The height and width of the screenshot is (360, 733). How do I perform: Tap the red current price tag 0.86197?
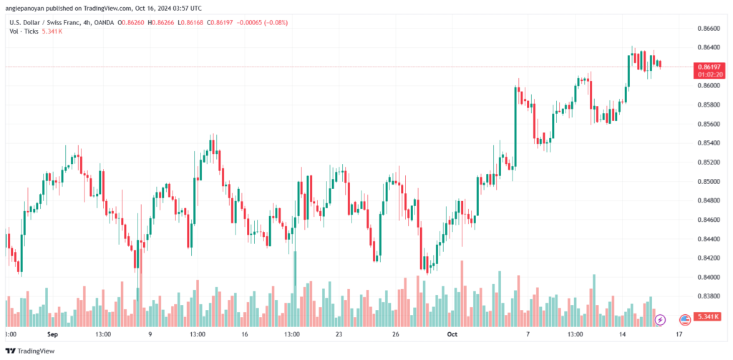coord(707,67)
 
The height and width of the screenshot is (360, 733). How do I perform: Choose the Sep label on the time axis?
coord(52,334)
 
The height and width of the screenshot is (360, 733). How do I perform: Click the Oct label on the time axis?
coord(452,334)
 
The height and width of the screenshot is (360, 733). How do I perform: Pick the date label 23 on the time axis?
coord(339,334)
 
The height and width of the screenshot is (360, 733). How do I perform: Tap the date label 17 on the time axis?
coord(679,334)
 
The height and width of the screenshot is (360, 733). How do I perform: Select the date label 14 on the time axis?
coord(622,334)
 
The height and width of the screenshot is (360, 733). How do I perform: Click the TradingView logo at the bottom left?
coord(30,351)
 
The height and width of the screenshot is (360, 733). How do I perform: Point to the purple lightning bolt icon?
coord(660,320)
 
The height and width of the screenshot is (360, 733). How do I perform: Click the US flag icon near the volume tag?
coord(685,320)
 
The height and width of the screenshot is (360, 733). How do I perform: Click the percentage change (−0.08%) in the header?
coord(275,22)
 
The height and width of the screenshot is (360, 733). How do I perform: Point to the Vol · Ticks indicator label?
coord(24,31)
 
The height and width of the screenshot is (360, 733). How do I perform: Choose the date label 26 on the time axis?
coord(395,334)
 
